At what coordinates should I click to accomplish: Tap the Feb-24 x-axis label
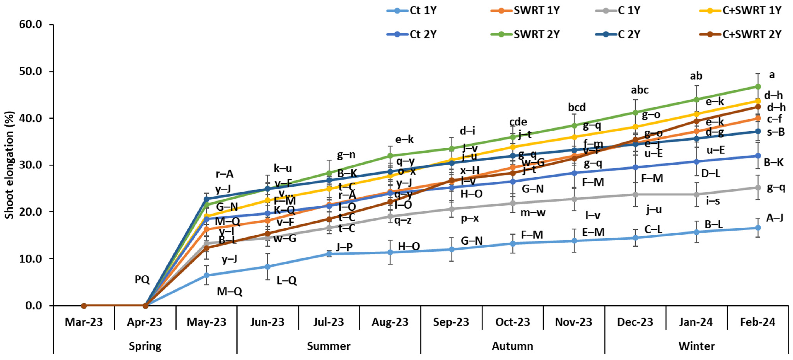tap(758, 322)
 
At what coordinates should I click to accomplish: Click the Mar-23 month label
tap(84, 322)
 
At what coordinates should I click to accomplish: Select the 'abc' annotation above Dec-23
tap(639, 90)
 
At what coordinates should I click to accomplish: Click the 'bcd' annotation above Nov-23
tap(577, 107)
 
